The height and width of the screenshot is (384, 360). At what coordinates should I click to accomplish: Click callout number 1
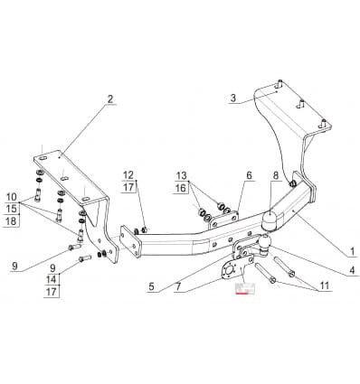point(352,251)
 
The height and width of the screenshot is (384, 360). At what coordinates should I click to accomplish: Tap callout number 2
point(110,98)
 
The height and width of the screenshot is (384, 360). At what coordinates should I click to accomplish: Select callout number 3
point(233,98)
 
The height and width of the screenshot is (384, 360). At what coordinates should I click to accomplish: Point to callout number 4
point(352,270)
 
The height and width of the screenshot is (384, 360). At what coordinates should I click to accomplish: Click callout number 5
point(151,286)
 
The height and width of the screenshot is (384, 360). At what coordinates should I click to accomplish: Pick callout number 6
point(249,175)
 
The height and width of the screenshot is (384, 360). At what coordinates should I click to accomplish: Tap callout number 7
point(178,286)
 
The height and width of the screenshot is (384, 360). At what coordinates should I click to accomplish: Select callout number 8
point(276,175)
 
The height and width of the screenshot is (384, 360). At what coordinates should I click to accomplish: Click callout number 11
point(325,286)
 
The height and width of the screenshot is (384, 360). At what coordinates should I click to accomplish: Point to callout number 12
point(128,174)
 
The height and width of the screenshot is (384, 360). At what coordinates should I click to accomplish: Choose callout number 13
point(182,175)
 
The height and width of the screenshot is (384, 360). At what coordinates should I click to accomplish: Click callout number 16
point(182,188)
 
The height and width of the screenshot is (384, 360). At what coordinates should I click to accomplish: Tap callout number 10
point(12,197)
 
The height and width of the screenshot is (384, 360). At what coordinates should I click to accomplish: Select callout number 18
point(12,221)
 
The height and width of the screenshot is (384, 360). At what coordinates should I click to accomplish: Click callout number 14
point(52,279)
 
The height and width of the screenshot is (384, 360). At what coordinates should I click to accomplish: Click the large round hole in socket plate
point(229,270)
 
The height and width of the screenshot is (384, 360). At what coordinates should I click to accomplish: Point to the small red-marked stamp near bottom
point(245,287)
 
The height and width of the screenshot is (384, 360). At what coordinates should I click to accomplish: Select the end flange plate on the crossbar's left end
point(129,242)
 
